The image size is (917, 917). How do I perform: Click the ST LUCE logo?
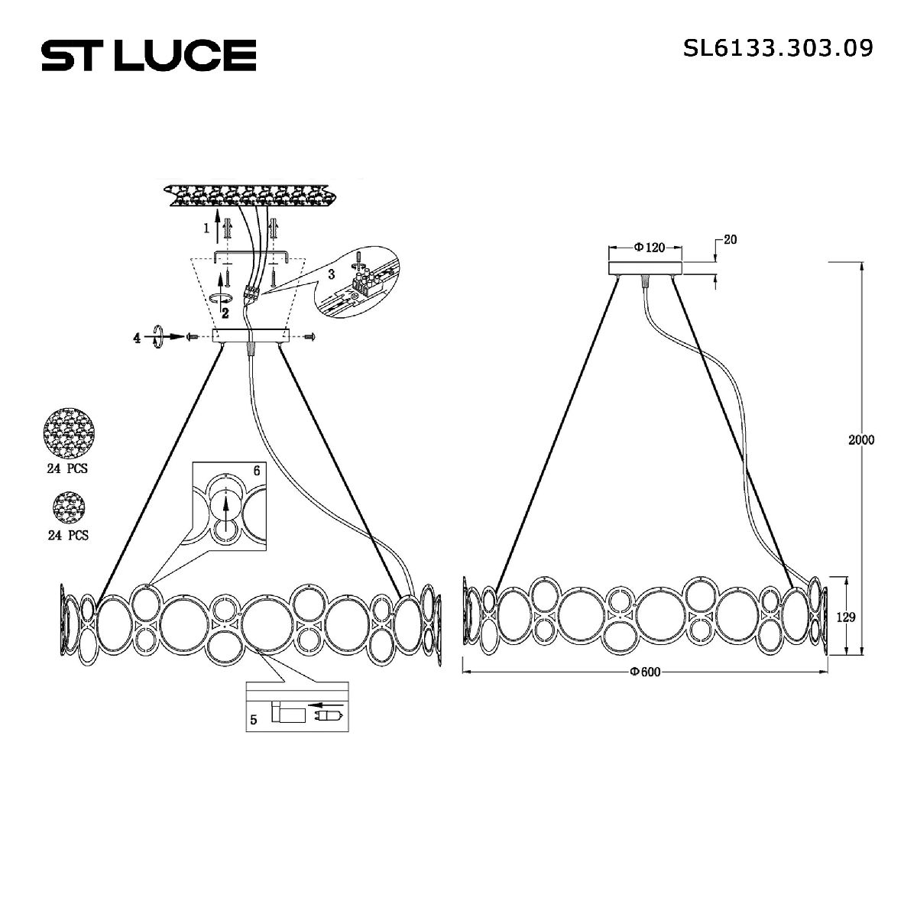tap(148, 55)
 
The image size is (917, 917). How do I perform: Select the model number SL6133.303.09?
tap(778, 48)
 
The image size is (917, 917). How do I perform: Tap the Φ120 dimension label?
tap(649, 247)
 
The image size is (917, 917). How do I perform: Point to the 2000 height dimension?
tap(860, 440)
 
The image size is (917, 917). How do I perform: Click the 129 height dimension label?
tap(844, 617)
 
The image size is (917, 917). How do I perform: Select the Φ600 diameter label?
tap(644, 672)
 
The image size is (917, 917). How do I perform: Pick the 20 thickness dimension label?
tap(730, 240)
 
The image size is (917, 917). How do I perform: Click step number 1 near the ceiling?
tap(205, 228)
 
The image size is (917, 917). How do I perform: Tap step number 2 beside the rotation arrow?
tap(225, 313)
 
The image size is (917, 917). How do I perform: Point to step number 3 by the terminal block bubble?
tap(331, 274)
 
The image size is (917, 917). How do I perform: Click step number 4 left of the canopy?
tap(138, 337)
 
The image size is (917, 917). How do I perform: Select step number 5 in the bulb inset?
tap(254, 719)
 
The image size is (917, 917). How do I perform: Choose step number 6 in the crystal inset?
tap(257, 471)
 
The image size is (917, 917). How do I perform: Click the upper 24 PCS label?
tap(67, 468)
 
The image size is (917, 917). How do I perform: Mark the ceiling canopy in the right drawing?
tap(645, 268)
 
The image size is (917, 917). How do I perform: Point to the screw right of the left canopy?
tap(310, 336)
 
